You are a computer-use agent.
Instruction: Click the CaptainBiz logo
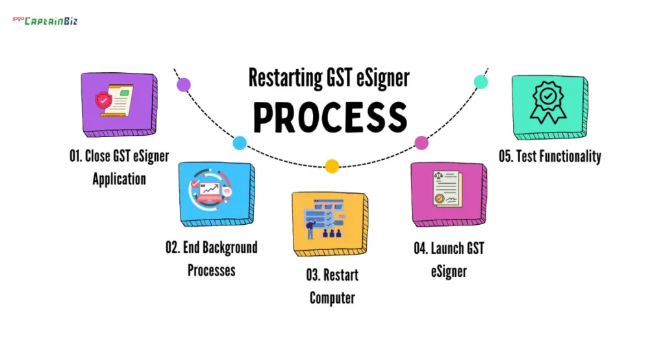coord(45,20)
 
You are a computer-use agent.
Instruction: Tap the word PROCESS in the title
coord(330,117)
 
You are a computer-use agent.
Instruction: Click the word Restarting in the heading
coord(284,79)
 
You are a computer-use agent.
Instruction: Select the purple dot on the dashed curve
coord(184,84)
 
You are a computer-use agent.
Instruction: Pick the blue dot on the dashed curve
coord(240,143)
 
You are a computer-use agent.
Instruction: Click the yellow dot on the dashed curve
coord(332,166)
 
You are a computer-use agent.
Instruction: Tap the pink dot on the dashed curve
coord(421,143)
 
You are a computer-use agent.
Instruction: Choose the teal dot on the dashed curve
coord(481,81)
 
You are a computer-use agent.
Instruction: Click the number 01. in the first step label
coord(76,156)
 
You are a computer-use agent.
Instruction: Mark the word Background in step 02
coord(230,248)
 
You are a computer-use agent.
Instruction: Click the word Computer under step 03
coord(332,298)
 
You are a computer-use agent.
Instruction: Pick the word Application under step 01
coord(119,179)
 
